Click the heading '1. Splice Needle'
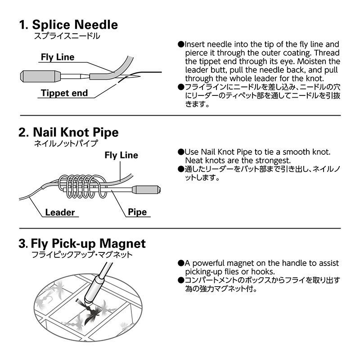pos(68,24)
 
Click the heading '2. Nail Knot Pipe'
pos(68,132)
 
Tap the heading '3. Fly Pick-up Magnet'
pos(82,244)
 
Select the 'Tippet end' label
pos(64,94)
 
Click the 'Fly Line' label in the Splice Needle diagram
pos(58,57)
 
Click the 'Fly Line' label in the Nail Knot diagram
pos(121,155)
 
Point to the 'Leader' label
pos(60,212)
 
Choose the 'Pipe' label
pos(137,212)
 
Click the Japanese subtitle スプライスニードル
pos(67,36)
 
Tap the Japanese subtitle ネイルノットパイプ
pos(66,144)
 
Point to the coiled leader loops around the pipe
pos(81,186)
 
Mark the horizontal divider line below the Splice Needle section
pos(180,116)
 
